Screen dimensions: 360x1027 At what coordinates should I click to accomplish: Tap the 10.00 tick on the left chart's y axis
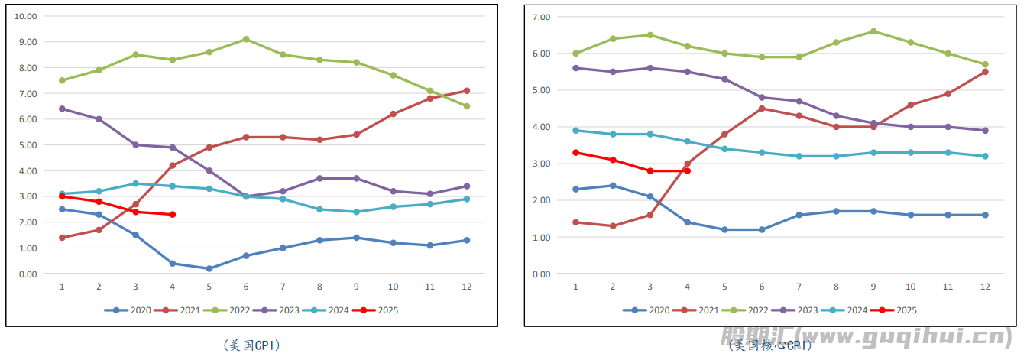click(x=26, y=16)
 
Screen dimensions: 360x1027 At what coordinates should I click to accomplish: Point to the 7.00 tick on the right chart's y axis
click(x=541, y=17)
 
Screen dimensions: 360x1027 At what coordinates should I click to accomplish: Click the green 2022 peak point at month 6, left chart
click(x=246, y=39)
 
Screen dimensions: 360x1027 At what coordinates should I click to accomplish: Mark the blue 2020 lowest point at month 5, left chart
click(x=209, y=268)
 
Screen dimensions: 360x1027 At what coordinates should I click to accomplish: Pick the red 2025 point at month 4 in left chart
click(x=173, y=215)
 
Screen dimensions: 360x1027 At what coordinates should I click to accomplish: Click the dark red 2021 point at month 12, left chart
click(x=467, y=91)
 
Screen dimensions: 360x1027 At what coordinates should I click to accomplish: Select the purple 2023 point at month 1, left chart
click(x=62, y=109)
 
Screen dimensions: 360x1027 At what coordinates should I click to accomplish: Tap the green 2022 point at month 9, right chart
click(x=873, y=31)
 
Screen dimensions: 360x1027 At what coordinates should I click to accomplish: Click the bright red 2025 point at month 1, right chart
click(x=575, y=152)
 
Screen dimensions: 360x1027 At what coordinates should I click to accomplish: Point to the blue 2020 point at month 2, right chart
click(x=613, y=186)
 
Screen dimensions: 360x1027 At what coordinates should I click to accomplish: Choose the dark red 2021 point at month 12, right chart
click(x=986, y=72)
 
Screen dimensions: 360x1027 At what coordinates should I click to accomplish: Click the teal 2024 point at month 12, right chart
click(x=986, y=156)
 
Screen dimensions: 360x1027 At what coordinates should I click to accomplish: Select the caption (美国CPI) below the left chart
click(x=251, y=345)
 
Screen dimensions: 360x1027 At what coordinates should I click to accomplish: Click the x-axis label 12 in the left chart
click(x=467, y=287)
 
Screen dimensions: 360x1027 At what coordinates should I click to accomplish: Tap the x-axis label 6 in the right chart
click(x=762, y=287)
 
